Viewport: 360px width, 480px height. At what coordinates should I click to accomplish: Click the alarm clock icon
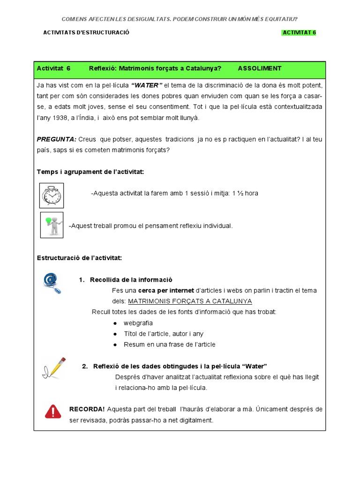click(52, 195)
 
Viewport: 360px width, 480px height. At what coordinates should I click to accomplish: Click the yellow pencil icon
click(54, 368)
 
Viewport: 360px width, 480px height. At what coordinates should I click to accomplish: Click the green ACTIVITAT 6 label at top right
click(299, 33)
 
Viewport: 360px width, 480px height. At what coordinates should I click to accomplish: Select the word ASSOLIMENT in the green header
click(260, 68)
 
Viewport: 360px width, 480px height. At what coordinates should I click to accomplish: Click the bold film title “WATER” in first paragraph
click(147, 85)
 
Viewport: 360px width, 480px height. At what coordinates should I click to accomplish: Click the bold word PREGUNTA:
click(56, 140)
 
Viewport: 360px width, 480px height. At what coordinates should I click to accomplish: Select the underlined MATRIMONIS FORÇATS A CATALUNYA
click(190, 301)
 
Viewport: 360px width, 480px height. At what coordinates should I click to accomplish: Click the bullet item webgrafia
click(138, 323)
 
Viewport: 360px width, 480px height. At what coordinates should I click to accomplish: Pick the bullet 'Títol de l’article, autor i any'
click(163, 334)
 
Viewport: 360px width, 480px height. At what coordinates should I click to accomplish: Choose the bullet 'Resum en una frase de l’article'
click(169, 345)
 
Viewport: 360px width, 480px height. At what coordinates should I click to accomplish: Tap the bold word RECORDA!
click(87, 409)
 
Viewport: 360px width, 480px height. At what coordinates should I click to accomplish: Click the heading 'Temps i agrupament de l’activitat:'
click(90, 172)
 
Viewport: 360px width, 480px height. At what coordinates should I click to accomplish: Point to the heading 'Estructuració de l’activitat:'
click(79, 258)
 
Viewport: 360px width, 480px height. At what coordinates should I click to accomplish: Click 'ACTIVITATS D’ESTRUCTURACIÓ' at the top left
click(86, 33)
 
